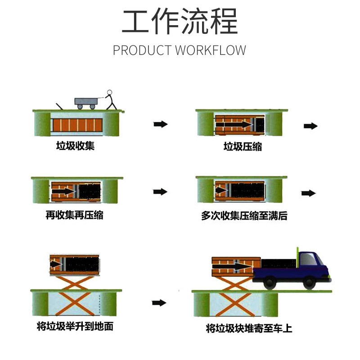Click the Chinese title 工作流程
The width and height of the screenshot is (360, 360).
tap(180, 21)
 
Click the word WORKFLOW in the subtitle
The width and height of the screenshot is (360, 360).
tap(211, 50)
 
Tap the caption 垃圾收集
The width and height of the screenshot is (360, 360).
tap(75, 145)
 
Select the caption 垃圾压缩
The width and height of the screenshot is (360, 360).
tap(243, 147)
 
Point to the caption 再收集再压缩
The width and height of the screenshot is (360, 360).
tap(74, 215)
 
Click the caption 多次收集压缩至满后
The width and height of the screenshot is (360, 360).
tap(244, 216)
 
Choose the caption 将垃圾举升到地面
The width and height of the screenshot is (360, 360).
tap(75, 326)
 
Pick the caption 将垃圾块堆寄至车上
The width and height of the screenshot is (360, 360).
tap(249, 328)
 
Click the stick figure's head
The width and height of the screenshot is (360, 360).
tap(110, 92)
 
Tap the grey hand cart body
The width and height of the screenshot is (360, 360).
tap(86, 102)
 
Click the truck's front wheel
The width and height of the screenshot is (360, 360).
tap(309, 283)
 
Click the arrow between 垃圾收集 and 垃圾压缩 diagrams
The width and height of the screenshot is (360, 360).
tap(161, 124)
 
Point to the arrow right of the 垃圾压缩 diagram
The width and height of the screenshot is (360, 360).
tap(310, 126)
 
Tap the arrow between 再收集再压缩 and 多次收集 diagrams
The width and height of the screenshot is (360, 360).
tap(160, 192)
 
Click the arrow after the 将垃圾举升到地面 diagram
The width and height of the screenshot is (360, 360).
tap(159, 302)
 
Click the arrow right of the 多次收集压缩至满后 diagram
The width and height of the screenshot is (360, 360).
tap(309, 193)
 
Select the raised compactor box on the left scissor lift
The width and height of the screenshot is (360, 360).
tap(75, 265)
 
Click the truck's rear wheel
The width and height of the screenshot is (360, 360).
tap(270, 283)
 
